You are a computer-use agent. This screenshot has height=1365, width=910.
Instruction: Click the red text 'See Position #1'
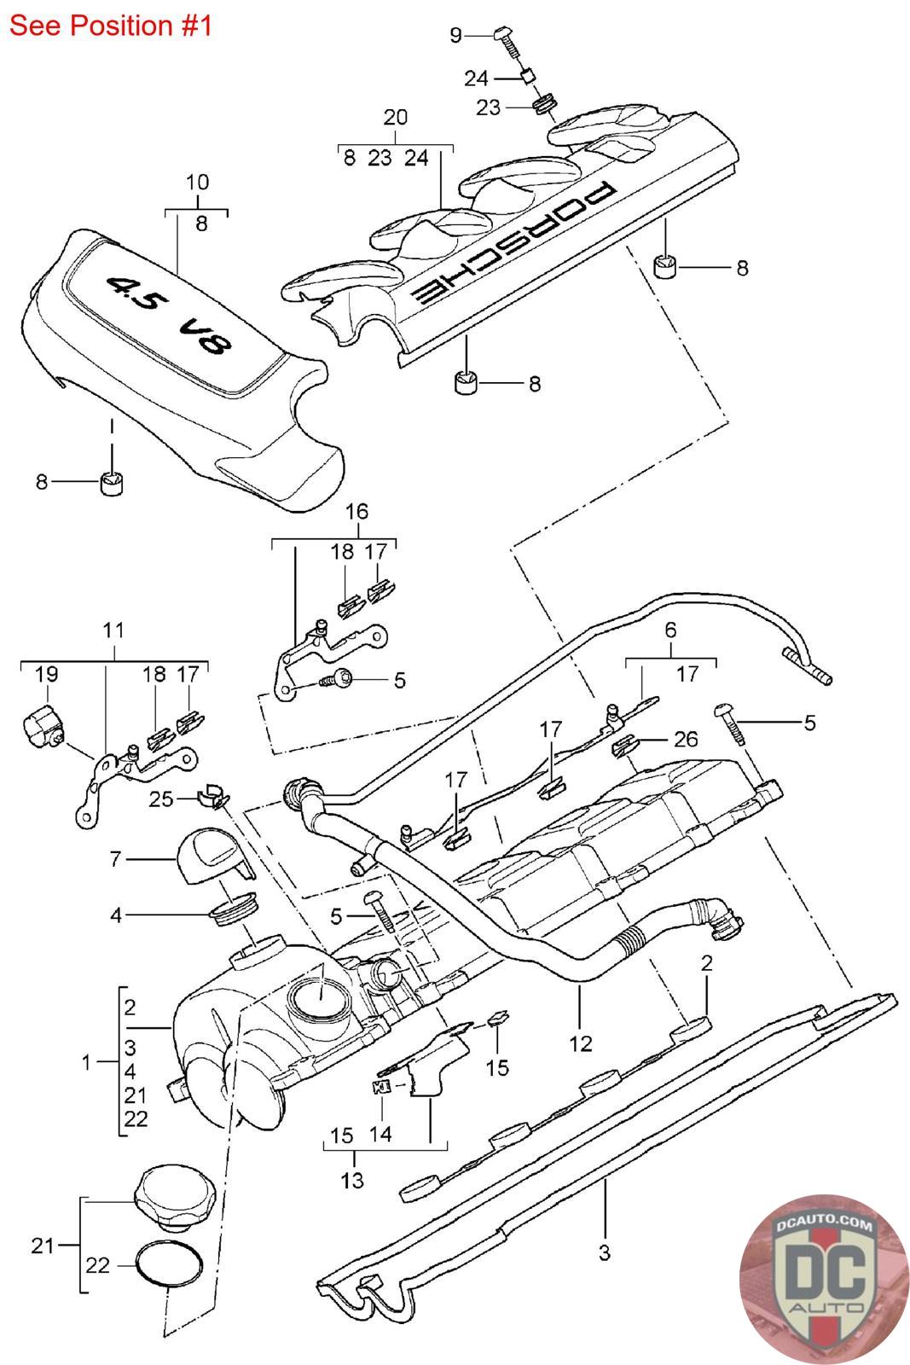pyautogui.click(x=111, y=26)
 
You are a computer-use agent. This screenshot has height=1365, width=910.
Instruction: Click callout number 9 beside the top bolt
pyautogui.click(x=455, y=35)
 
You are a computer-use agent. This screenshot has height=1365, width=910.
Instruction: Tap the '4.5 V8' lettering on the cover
pyautogui.click(x=170, y=317)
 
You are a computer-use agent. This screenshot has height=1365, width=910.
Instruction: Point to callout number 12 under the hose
pyautogui.click(x=581, y=1044)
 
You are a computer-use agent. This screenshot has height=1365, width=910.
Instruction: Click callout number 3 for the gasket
pyautogui.click(x=604, y=1253)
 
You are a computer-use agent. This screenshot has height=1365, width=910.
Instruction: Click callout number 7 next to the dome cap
pyautogui.click(x=116, y=858)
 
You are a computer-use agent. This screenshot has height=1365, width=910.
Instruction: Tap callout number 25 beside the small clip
pyautogui.click(x=161, y=799)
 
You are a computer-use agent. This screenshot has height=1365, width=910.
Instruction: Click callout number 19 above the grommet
pyautogui.click(x=46, y=674)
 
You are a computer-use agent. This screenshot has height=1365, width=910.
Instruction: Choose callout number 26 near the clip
pyautogui.click(x=685, y=739)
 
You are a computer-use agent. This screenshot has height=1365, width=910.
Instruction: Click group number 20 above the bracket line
pyautogui.click(x=396, y=117)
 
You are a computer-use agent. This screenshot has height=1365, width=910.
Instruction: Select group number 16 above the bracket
pyautogui.click(x=357, y=511)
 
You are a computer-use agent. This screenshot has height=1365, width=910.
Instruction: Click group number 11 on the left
pyautogui.click(x=114, y=630)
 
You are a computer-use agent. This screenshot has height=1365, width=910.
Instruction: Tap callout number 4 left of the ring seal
pyautogui.click(x=116, y=915)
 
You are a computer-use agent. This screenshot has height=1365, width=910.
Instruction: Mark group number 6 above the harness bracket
pyautogui.click(x=670, y=630)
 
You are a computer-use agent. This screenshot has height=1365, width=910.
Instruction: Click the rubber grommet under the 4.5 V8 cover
pyautogui.click(x=111, y=483)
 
